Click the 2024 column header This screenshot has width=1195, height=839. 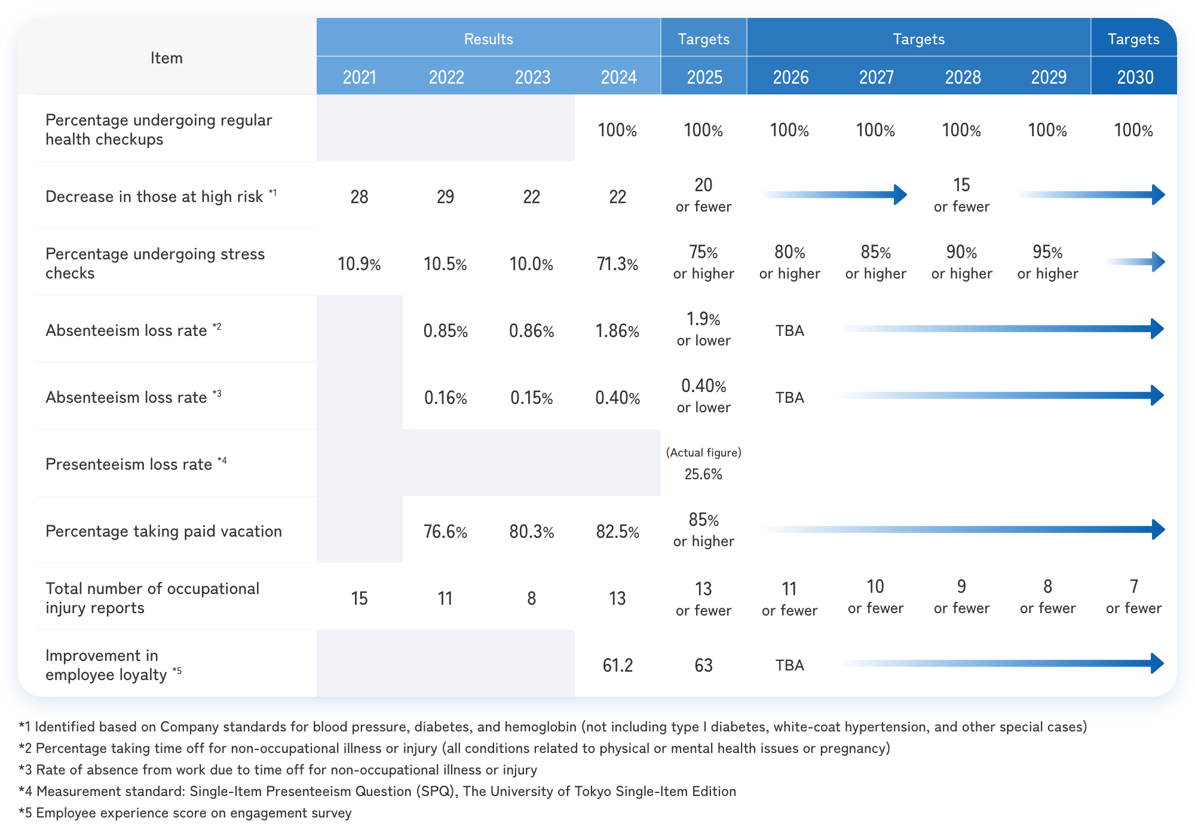pyautogui.click(x=618, y=77)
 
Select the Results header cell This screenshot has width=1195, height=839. pyautogui.click(x=488, y=39)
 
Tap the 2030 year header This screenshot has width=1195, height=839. pyautogui.click(x=1135, y=77)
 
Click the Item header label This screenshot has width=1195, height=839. pyautogui.click(x=166, y=58)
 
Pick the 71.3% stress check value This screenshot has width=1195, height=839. pyautogui.click(x=617, y=264)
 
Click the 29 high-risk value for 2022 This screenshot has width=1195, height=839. pyautogui.click(x=445, y=197)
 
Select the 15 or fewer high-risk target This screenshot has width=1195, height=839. pyautogui.click(x=961, y=195)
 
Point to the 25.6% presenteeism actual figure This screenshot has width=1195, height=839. pyautogui.click(x=703, y=474)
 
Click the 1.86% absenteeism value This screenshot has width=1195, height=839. pyautogui.click(x=617, y=330)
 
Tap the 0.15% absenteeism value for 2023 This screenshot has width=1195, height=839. pyautogui.click(x=531, y=397)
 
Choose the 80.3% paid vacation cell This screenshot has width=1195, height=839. pyautogui.click(x=531, y=531)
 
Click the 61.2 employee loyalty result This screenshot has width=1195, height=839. pyautogui.click(x=617, y=665)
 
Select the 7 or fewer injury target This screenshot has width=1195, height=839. pyautogui.click(x=1133, y=596)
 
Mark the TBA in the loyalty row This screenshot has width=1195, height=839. pyautogui.click(x=789, y=665)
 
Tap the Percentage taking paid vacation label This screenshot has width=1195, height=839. pyautogui.click(x=163, y=531)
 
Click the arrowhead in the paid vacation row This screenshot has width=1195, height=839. pyautogui.click(x=1158, y=529)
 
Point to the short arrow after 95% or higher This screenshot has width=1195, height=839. pyautogui.click(x=1135, y=262)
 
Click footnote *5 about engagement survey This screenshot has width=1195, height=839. pyautogui.click(x=185, y=813)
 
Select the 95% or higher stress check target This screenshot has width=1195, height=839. pyautogui.click(x=1047, y=262)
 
